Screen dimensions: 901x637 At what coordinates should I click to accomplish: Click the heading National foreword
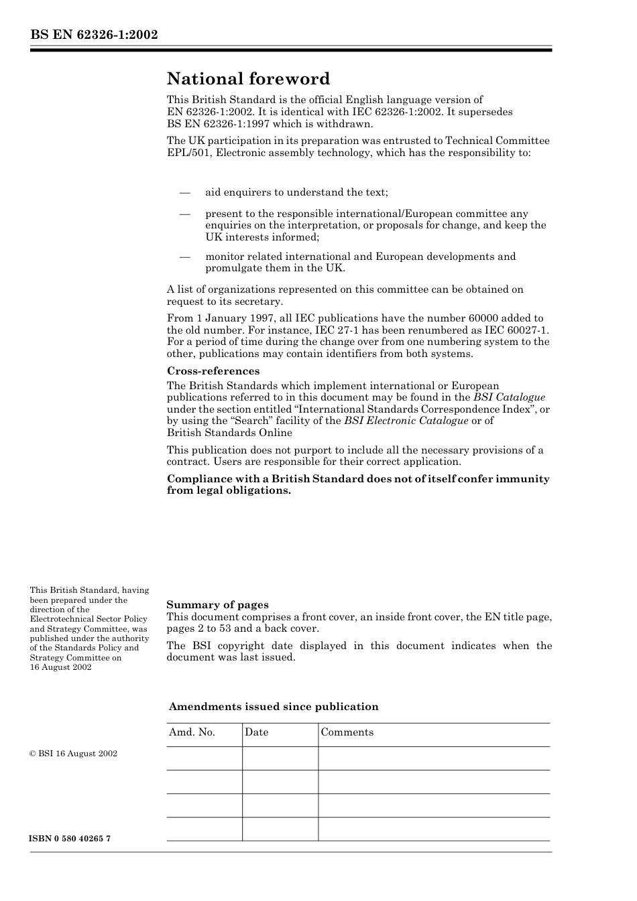248,79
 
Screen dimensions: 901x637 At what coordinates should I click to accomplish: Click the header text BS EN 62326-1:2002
93,34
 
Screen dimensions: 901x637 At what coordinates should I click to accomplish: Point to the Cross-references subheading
213,371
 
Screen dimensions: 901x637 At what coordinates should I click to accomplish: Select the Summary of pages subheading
217,605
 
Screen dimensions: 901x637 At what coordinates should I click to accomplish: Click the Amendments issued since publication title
273,707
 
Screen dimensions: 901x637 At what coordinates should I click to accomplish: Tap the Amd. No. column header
192,732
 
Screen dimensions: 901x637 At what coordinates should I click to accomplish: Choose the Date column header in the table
256,732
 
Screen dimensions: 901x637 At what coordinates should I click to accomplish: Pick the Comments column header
347,732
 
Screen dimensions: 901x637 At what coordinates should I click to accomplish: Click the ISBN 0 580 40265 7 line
70,839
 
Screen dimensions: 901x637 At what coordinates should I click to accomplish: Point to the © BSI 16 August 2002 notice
73,754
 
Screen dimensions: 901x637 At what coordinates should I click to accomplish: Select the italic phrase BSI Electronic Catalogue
406,421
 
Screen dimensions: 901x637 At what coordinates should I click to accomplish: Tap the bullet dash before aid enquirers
185,193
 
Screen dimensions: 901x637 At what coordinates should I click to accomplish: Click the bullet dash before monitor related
185,257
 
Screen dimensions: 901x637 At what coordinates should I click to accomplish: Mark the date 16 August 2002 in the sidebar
60,667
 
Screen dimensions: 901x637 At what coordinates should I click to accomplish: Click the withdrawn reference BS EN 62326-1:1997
213,124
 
